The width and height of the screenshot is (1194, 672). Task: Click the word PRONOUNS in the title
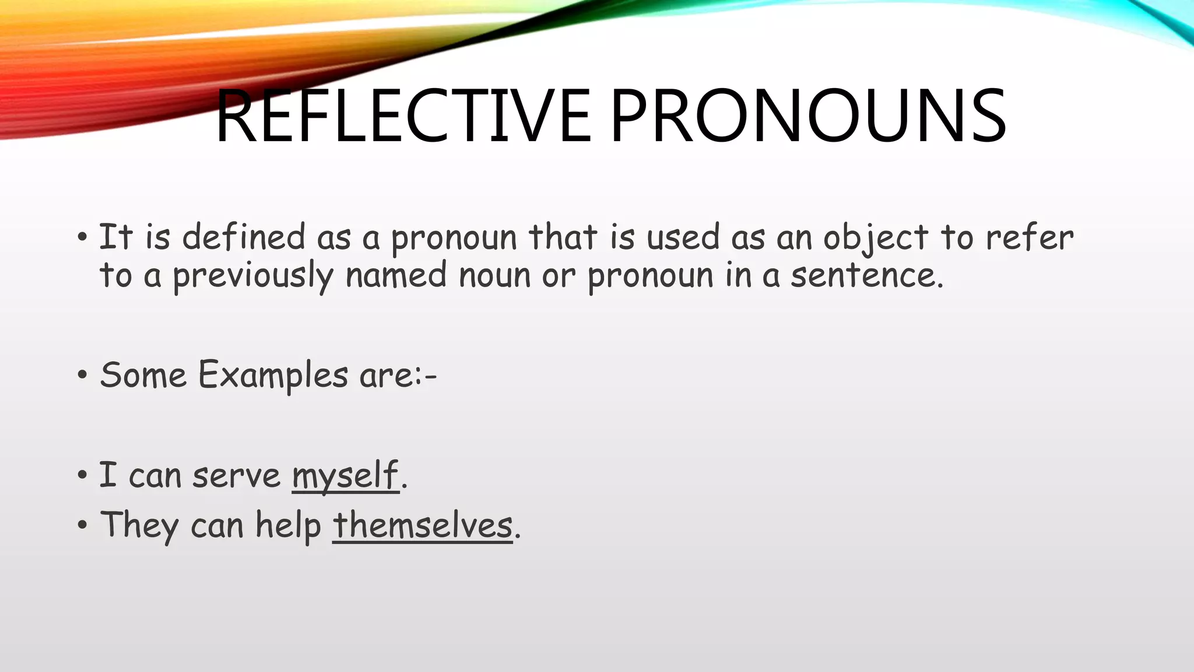[x=807, y=117]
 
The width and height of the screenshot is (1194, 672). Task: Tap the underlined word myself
[x=345, y=475]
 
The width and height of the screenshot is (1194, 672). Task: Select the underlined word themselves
[x=422, y=526]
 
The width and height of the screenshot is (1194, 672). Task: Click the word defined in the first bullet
[x=244, y=238]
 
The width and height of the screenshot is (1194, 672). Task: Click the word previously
[x=252, y=276]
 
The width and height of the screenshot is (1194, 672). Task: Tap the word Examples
[x=273, y=375]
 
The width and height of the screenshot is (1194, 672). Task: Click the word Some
[x=143, y=375]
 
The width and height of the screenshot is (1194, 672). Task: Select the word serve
[x=236, y=475]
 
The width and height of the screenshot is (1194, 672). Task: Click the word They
[x=139, y=526]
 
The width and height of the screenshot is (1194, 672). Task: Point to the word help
[x=288, y=526]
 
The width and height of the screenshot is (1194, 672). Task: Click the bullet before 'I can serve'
[x=82, y=475]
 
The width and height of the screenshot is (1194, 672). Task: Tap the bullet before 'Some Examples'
[x=82, y=375]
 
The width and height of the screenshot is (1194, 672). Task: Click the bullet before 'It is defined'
[x=82, y=238]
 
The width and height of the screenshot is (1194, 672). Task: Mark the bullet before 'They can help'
[x=82, y=526]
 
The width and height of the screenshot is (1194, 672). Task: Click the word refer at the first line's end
[x=1029, y=238]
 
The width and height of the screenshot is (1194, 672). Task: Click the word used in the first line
[x=683, y=238]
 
